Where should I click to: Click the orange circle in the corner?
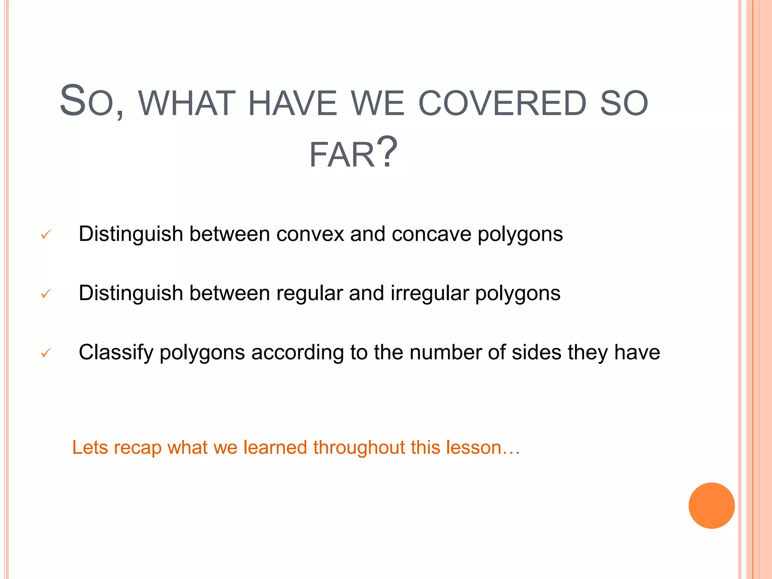pos(711,505)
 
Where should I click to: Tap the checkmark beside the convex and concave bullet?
pos(46,235)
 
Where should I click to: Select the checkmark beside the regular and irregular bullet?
pos(46,293)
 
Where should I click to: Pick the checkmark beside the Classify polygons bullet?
pos(46,353)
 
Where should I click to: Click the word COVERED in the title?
pos(502,103)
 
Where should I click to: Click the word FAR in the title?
pos(342,155)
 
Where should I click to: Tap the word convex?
pos(310,234)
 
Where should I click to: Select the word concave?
pos(431,234)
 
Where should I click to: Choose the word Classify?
pos(116,353)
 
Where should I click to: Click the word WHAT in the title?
pos(187,103)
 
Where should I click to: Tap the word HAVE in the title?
pos(293,103)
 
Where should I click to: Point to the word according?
pos(297,353)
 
